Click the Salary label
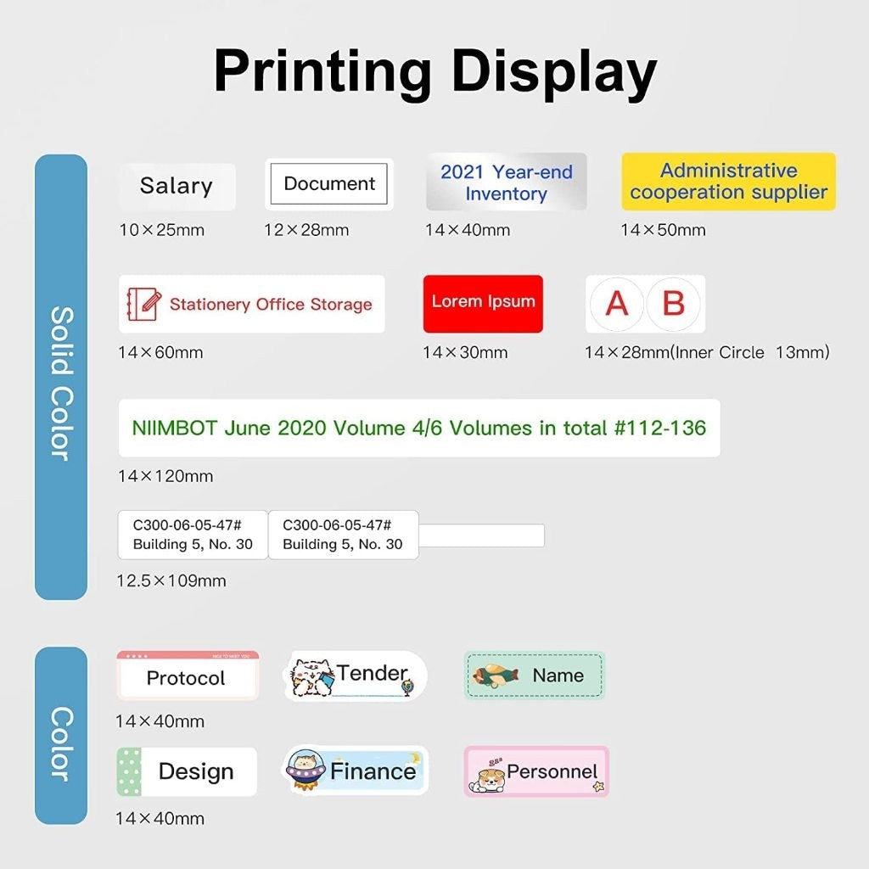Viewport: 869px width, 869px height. click(x=177, y=186)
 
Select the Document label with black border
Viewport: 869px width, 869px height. click(x=328, y=184)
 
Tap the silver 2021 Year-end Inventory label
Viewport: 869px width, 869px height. click(x=507, y=182)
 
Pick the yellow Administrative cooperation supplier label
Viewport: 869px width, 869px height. click(x=728, y=182)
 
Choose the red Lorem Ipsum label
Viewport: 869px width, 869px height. click(x=483, y=303)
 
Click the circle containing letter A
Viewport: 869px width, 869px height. click(x=617, y=303)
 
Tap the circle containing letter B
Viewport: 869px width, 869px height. click(x=673, y=303)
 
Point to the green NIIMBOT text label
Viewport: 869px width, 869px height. click(x=418, y=428)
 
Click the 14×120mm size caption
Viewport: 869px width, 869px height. click(x=165, y=476)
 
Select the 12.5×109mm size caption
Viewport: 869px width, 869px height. click(x=171, y=581)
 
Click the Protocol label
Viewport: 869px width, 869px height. click(x=187, y=677)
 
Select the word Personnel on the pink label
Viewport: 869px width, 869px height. click(x=552, y=771)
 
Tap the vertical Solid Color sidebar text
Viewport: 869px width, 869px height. click(x=61, y=384)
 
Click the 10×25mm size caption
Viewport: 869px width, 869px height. click(x=161, y=230)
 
